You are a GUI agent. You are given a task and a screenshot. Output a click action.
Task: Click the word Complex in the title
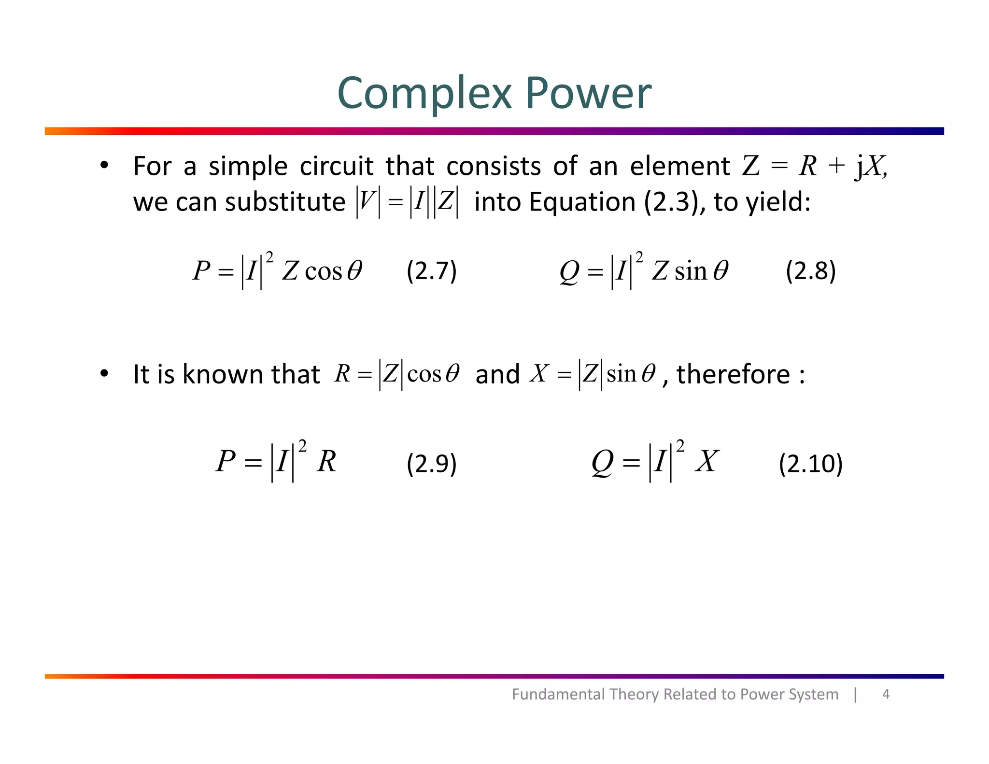click(424, 94)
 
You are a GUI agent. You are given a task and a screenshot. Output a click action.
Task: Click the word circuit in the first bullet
click(337, 166)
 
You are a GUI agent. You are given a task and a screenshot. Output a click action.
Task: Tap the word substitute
click(285, 202)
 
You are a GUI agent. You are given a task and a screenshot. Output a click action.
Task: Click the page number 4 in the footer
click(886, 694)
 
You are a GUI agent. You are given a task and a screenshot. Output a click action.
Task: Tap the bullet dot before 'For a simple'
click(104, 166)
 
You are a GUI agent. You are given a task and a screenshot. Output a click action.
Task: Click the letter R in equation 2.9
click(326, 461)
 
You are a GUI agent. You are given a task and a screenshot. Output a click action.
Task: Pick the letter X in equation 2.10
click(707, 461)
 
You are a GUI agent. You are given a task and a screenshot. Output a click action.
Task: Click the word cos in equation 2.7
click(324, 271)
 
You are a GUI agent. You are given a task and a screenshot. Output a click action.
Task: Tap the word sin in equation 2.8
click(691, 271)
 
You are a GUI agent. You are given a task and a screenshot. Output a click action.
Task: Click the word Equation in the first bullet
click(582, 202)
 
